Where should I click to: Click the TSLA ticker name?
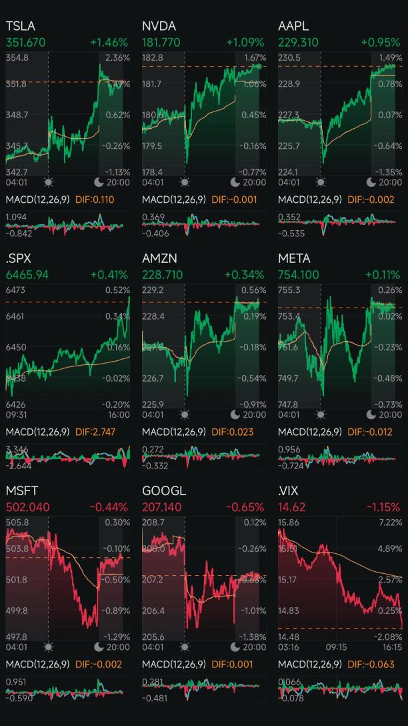20,26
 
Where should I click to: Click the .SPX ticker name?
18,258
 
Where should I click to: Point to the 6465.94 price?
27,274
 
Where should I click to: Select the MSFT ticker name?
21,490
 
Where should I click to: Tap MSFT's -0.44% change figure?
108,506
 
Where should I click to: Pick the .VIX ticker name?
289,490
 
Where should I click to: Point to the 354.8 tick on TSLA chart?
17,58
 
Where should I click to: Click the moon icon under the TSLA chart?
100,182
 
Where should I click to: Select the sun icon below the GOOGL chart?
184,647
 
